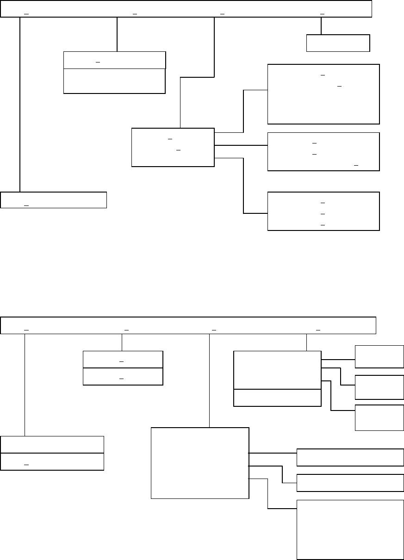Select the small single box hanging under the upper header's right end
(x=338, y=43)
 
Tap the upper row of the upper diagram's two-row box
(x=114, y=61)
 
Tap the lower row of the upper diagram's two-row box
(x=114, y=81)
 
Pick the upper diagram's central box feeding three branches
(x=173, y=147)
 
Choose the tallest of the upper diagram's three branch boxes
(x=323, y=94)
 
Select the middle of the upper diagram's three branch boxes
(x=323, y=152)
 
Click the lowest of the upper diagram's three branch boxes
(x=323, y=211)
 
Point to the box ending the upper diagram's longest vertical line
(x=54, y=199)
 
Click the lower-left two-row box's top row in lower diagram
(x=52, y=444)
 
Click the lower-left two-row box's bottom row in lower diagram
(x=52, y=461)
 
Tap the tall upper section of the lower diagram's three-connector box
(x=277, y=370)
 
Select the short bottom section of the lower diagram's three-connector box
(x=277, y=398)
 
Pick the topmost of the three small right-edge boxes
(x=379, y=356)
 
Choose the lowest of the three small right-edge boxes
(x=379, y=417)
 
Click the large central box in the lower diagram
(x=200, y=463)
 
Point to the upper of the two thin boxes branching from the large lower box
(x=350, y=457)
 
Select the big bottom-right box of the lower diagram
(x=350, y=529)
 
